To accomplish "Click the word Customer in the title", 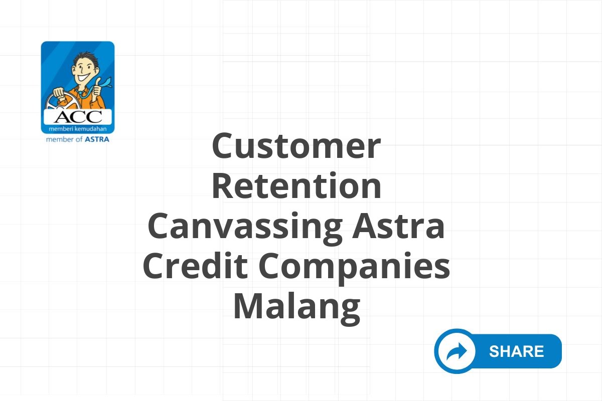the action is point(296,146).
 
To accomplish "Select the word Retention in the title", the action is point(296,185).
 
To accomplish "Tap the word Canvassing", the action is point(245,228).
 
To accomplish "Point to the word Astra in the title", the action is point(398,226).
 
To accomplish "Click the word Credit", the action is point(195,265).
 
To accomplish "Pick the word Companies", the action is point(354,268).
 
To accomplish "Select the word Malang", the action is point(296,308).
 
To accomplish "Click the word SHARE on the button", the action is point(517,351).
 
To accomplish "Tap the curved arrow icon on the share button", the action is point(457,351).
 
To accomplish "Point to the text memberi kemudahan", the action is point(77,129).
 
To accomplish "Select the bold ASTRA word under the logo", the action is point(97,139).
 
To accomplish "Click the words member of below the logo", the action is point(64,139).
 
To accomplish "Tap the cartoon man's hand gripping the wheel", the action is point(59,93).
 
